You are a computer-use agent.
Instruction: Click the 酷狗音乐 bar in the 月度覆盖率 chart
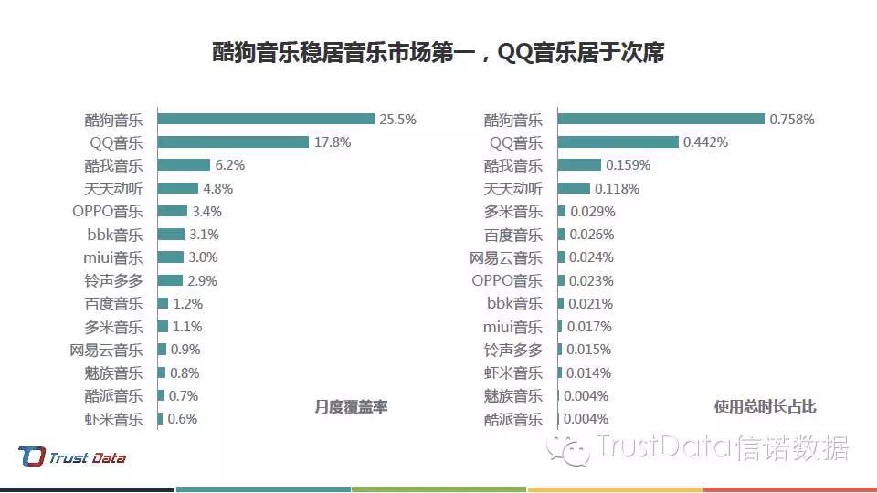[266, 119]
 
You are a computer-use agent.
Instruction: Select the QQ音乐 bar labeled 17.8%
[233, 142]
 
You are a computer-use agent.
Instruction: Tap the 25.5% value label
[397, 119]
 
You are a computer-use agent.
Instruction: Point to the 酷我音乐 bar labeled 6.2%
[184, 165]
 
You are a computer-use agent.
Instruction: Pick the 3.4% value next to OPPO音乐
[206, 211]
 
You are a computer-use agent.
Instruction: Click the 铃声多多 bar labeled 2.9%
[170, 280]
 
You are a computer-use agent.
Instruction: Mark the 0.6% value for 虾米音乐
[182, 419]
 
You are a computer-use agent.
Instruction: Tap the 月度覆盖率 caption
[351, 407]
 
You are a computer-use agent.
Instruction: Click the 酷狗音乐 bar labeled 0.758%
[661, 119]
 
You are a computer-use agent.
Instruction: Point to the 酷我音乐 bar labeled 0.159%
[579, 165]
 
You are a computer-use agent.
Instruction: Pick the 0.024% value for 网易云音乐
[591, 257]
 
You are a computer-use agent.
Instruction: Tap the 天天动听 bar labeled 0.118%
[574, 188]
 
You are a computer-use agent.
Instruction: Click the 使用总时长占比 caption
[765, 407]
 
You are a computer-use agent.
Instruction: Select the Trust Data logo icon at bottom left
[31, 456]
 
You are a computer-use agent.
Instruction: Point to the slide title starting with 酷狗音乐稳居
[438, 53]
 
